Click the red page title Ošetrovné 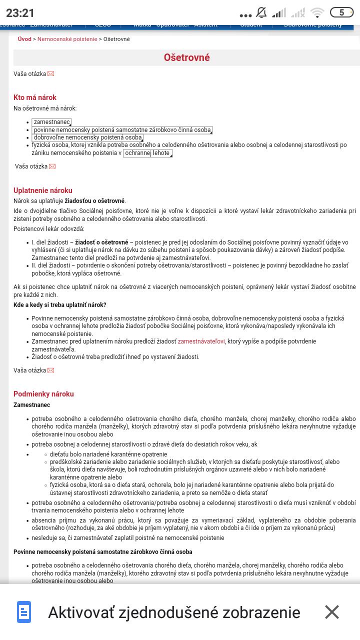click(x=186, y=57)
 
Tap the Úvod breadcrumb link click(x=24, y=39)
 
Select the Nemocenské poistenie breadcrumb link click(x=67, y=39)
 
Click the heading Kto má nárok click(x=35, y=97)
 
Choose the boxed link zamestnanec click(x=51, y=122)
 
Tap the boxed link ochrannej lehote click(x=147, y=153)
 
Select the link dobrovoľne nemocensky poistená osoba click(x=87, y=137)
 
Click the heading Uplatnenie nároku click(x=43, y=190)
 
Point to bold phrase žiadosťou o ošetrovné click(x=94, y=201)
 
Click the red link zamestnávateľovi click(x=201, y=341)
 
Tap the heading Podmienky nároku click(x=43, y=394)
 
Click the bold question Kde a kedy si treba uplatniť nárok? click(x=60, y=305)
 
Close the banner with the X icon click(x=332, y=612)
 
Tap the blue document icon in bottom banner click(x=24, y=612)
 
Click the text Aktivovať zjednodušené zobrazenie click(x=174, y=612)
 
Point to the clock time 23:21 click(x=20, y=13)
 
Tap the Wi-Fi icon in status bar click(x=317, y=13)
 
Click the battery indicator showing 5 click(x=341, y=13)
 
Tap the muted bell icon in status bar click(x=261, y=13)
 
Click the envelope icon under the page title click(x=50, y=74)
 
